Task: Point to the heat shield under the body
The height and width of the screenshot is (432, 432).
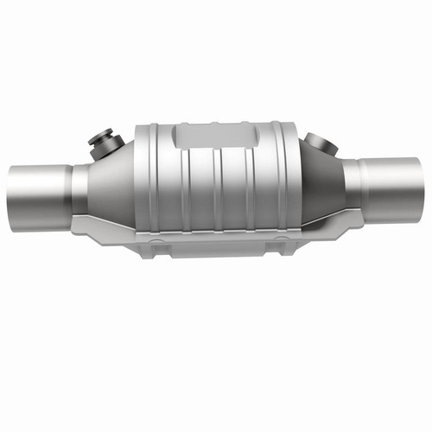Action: pyautogui.click(x=216, y=243)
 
